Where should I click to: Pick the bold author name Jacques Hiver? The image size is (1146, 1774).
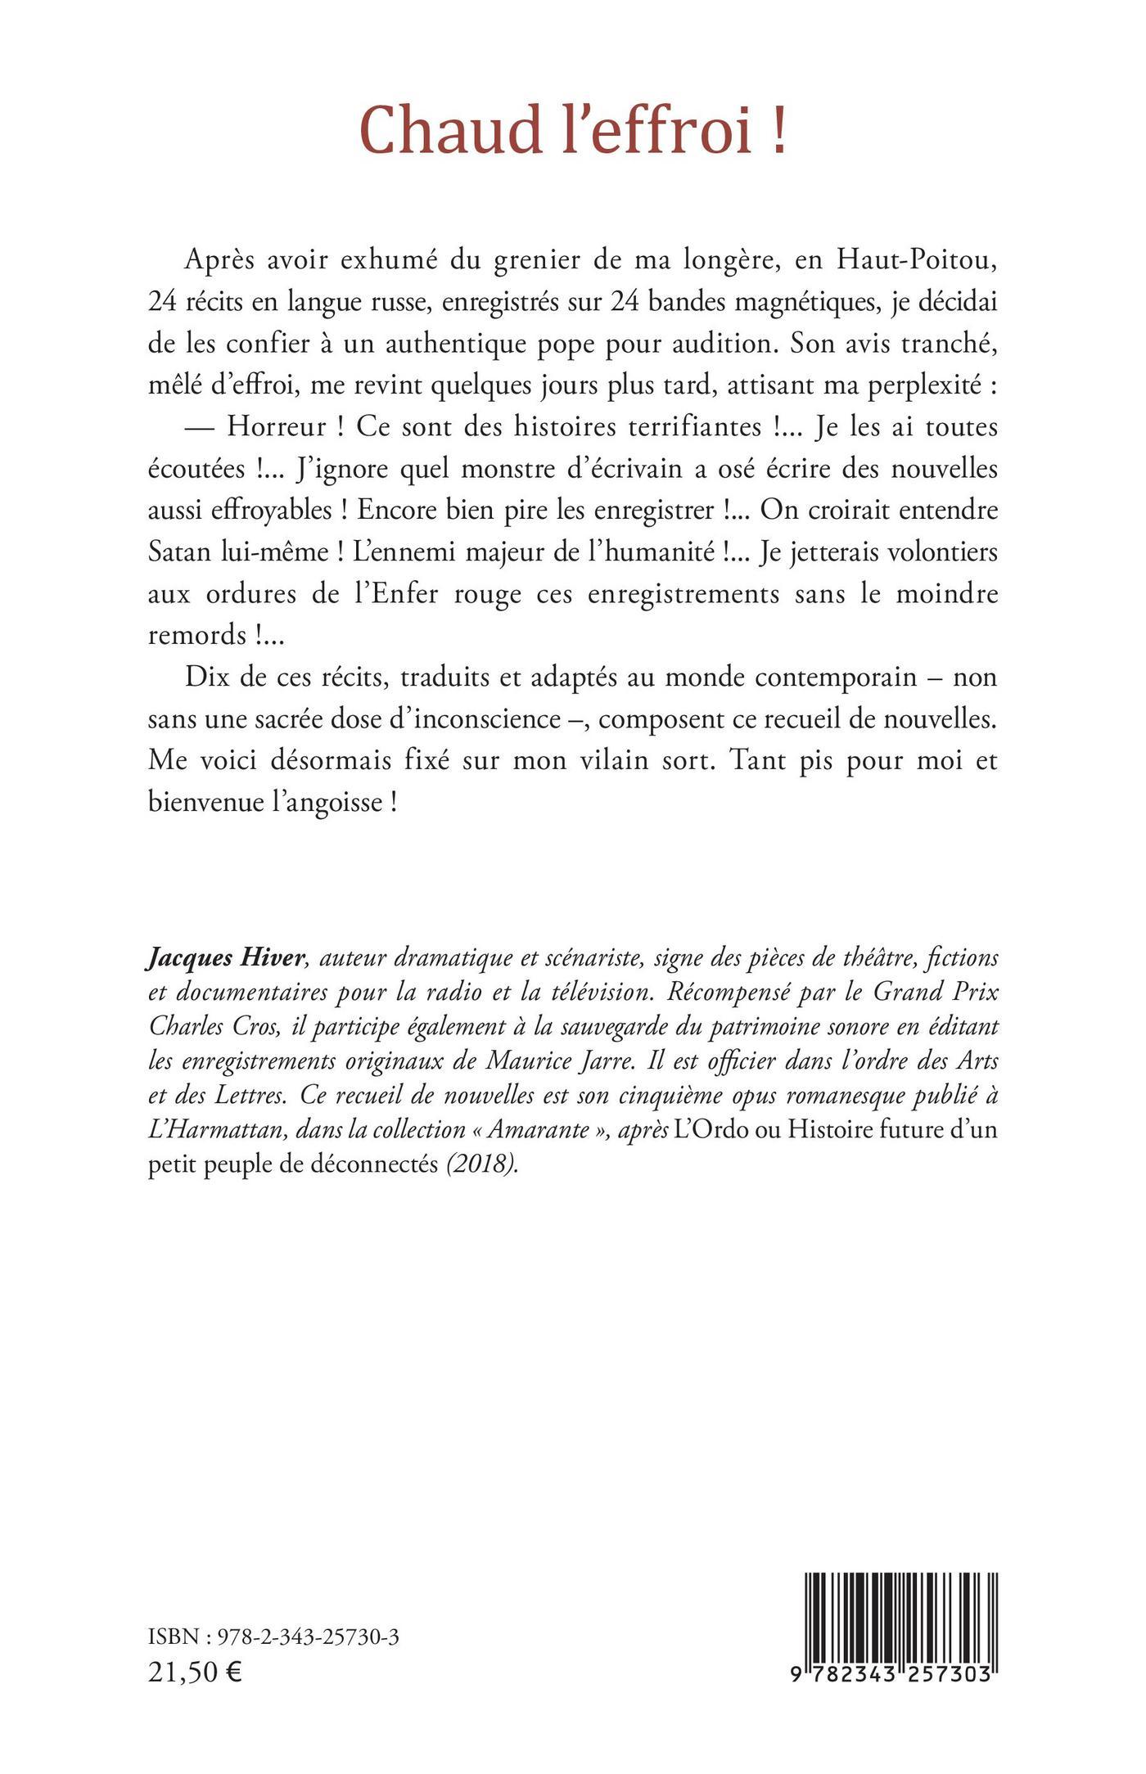(x=218, y=958)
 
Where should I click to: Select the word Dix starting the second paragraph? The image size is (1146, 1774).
(x=205, y=678)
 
